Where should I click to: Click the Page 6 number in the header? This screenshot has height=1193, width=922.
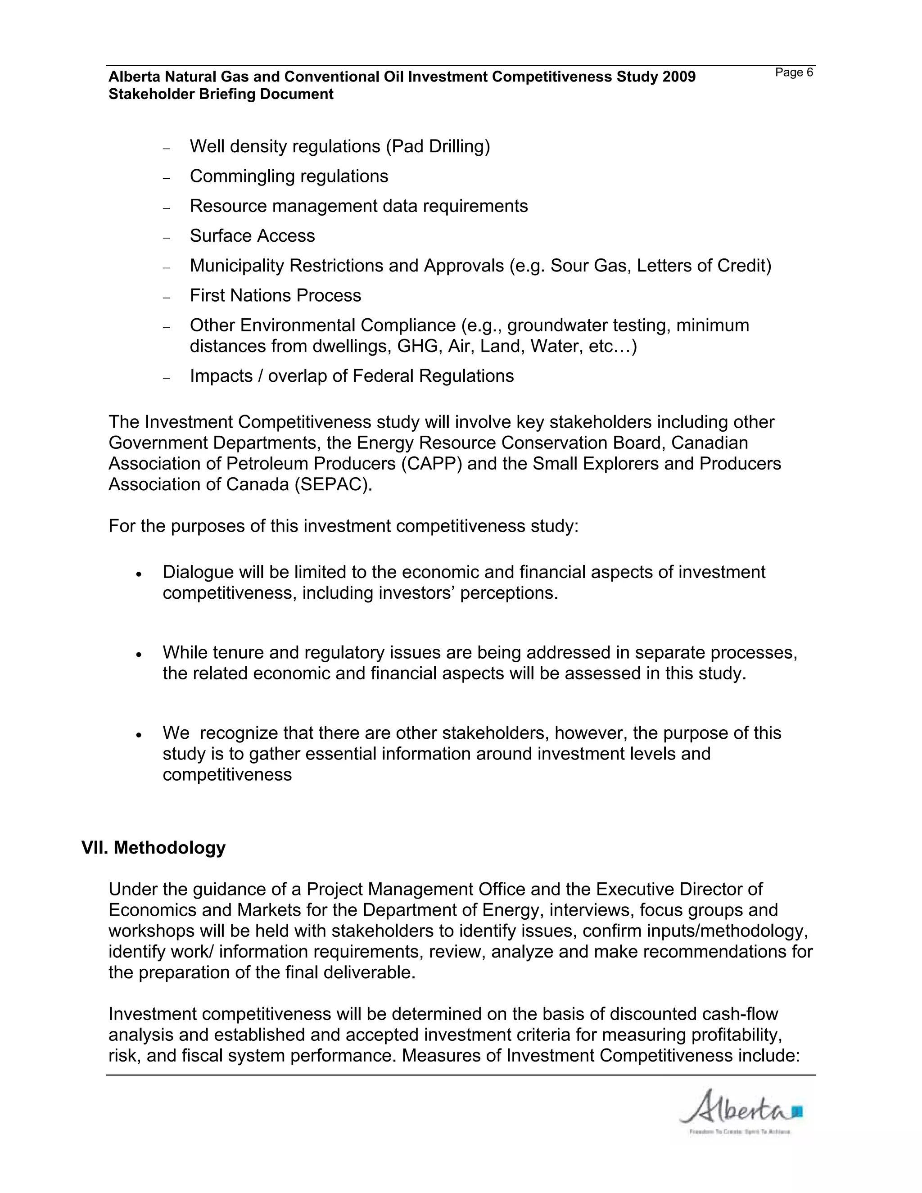point(794,72)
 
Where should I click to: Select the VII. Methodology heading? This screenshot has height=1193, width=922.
point(154,847)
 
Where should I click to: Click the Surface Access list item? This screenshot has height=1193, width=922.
point(253,235)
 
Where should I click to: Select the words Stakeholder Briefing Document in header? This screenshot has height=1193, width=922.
point(221,95)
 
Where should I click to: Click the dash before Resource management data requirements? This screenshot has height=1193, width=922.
point(167,208)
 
